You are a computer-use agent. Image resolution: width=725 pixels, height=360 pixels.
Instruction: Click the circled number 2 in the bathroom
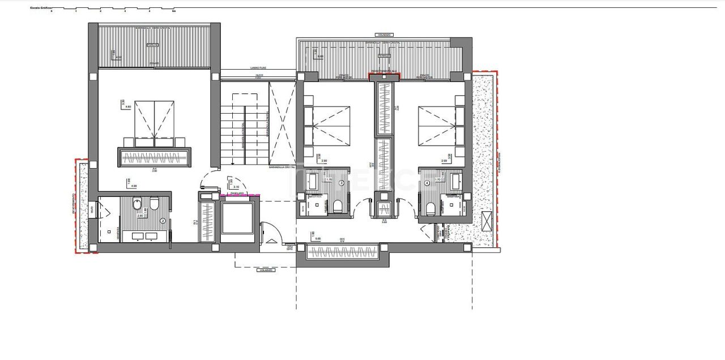[163, 221]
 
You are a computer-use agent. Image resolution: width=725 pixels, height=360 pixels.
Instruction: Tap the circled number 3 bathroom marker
[341, 183]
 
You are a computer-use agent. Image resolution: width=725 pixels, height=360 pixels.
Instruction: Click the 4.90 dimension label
[134, 186]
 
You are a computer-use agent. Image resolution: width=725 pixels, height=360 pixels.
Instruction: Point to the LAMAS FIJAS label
[258, 68]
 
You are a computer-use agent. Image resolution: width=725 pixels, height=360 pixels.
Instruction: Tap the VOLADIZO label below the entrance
[266, 270]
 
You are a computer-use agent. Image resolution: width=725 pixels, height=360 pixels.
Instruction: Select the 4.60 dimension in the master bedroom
[127, 106]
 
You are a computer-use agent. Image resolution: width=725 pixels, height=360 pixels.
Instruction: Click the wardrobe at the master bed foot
[154, 156]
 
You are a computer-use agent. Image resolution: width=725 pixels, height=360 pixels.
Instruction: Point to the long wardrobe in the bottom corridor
[342, 252]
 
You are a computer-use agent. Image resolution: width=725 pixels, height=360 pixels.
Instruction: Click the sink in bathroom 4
[457, 182]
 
